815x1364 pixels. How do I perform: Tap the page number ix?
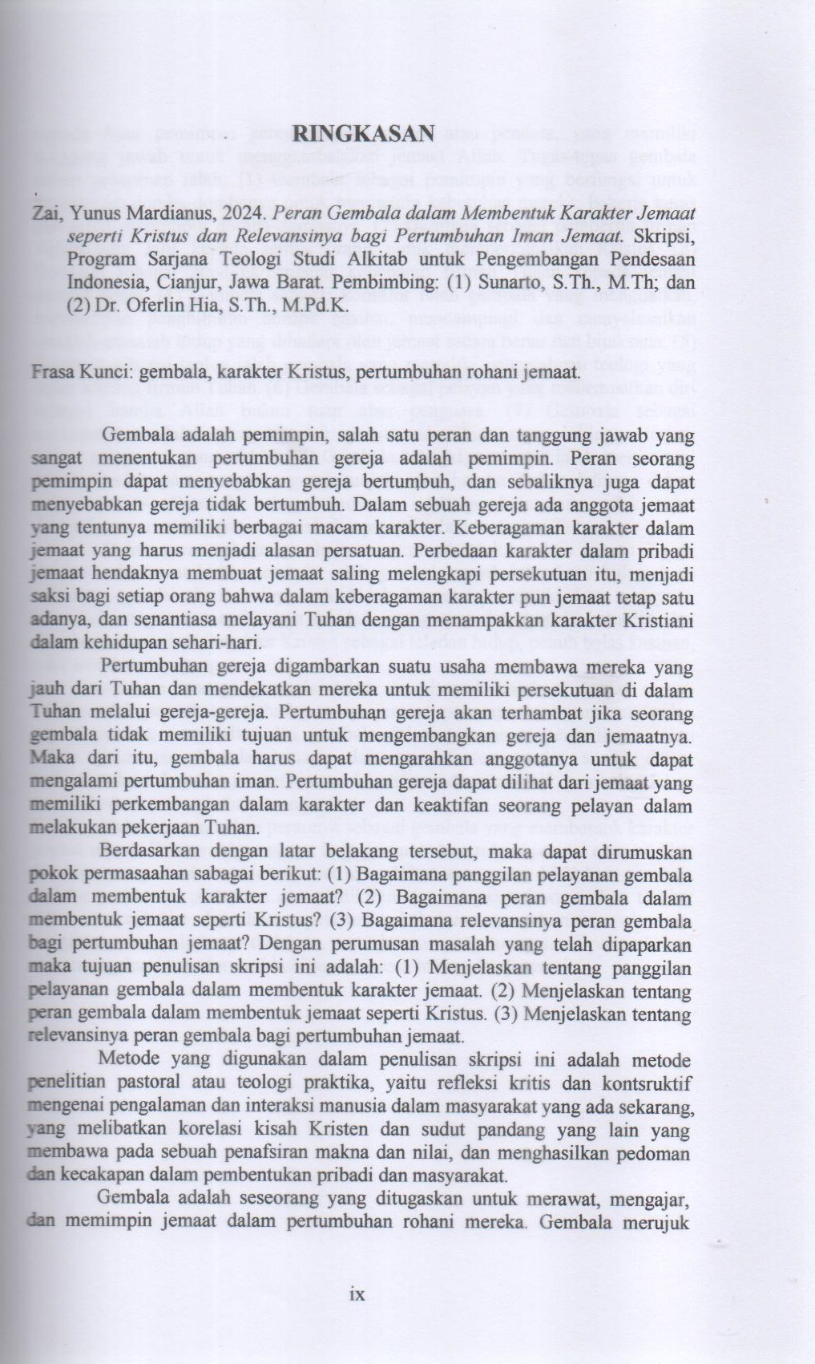click(x=357, y=1293)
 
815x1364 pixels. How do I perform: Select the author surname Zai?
click(x=43, y=217)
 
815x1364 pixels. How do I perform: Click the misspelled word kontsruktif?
click(x=647, y=1084)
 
